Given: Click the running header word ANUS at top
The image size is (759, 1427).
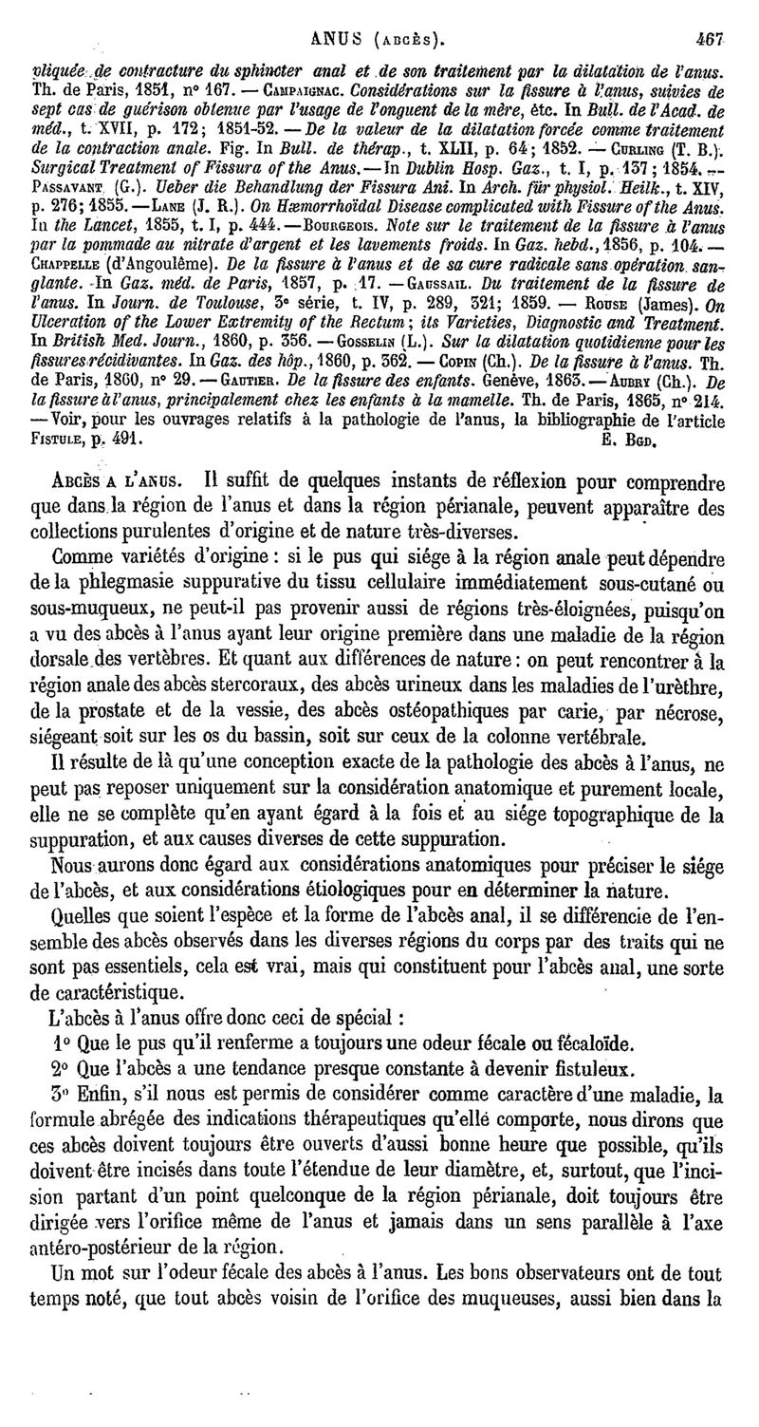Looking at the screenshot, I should pyautogui.click(x=340, y=15).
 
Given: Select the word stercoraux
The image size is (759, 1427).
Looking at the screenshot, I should pyautogui.click(x=251, y=683).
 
